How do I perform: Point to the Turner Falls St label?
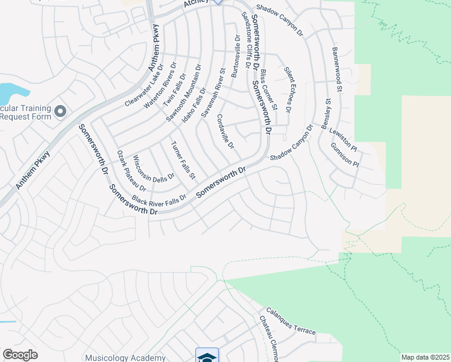184,160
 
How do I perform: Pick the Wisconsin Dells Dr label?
153,168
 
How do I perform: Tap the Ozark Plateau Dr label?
128,171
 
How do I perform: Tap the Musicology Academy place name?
126,357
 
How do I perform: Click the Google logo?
20,355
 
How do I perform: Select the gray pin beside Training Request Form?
60,111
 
